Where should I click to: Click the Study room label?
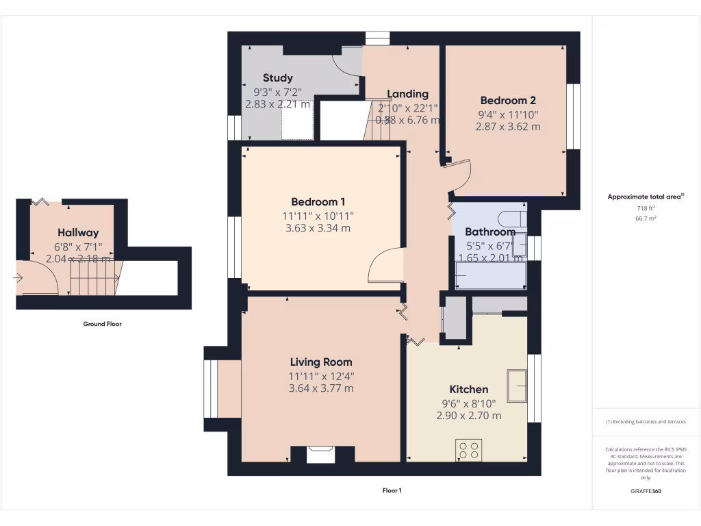(x=278, y=78)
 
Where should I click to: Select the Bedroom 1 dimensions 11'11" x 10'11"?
(x=318, y=215)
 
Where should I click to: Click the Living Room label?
(x=321, y=362)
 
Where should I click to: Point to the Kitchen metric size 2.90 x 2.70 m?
(x=468, y=415)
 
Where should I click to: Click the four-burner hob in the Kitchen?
(x=469, y=450)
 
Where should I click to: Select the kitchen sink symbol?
(x=516, y=385)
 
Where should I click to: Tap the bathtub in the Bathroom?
(x=490, y=275)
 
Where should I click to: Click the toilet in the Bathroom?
(x=512, y=219)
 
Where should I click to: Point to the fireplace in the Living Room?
(x=322, y=454)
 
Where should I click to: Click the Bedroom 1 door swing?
(x=385, y=266)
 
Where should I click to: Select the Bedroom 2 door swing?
(x=459, y=175)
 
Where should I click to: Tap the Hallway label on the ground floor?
(x=78, y=233)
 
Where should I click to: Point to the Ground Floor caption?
(x=102, y=324)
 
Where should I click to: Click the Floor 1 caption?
(x=392, y=490)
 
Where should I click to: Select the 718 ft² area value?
(x=646, y=208)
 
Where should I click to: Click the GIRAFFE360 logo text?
(x=646, y=491)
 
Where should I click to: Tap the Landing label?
(x=407, y=94)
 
